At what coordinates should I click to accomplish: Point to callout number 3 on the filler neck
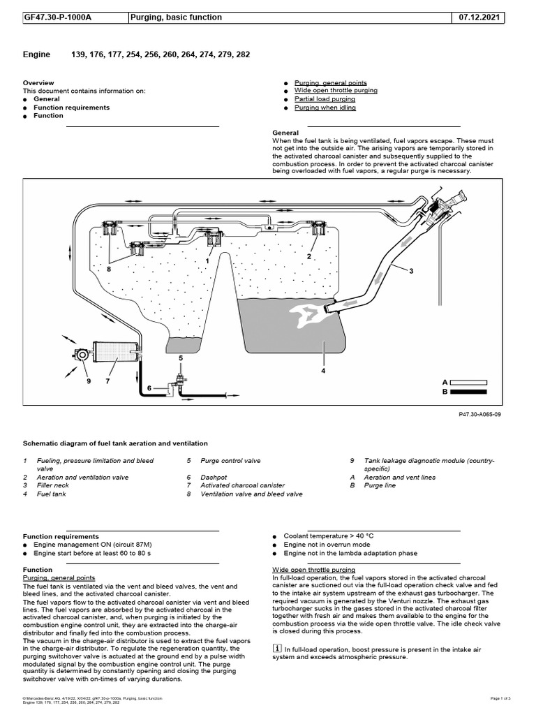tap(412, 270)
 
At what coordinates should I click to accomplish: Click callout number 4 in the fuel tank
tap(323, 371)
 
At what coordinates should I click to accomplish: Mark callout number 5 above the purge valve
tap(180, 357)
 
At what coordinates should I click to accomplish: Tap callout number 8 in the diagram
tap(109, 268)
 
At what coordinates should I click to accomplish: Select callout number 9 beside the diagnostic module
tap(88, 381)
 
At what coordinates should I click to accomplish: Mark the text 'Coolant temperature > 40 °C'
tap(333, 536)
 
